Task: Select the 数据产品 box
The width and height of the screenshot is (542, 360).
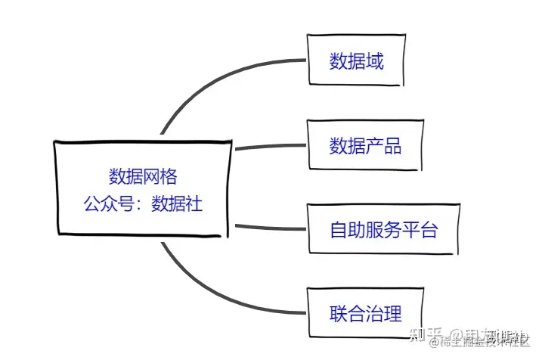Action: point(364,145)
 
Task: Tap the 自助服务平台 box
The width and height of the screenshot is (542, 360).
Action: point(383,229)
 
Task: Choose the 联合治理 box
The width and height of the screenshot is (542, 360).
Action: point(364,312)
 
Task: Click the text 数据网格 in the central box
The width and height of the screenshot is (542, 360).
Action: point(143,176)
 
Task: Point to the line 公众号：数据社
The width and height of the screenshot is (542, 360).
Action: point(143,203)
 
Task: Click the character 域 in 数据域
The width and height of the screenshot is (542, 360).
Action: point(376,61)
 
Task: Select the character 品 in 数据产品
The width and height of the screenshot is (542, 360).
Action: point(392,146)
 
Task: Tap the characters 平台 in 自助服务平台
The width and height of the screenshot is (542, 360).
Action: point(420,229)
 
